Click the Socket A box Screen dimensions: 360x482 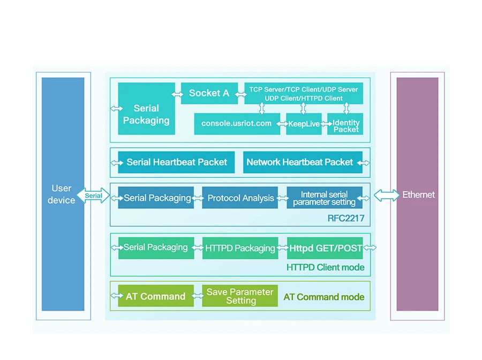(x=209, y=93)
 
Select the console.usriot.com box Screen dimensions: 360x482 (x=237, y=124)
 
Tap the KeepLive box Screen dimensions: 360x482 (x=304, y=124)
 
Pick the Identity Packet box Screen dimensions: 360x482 (x=345, y=124)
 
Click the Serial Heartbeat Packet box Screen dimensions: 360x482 (x=176, y=162)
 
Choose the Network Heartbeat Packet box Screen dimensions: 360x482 (x=300, y=162)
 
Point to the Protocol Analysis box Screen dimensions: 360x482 (x=240, y=198)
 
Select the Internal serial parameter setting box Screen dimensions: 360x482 (x=324, y=198)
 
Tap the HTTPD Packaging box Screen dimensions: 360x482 (x=240, y=248)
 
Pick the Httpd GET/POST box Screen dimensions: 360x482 (x=325, y=248)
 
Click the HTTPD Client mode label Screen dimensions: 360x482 (x=325, y=267)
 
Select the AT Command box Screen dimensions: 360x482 (x=155, y=296)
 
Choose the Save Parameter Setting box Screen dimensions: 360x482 (x=240, y=296)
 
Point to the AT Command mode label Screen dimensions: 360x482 (x=323, y=297)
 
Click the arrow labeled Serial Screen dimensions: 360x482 (x=94, y=196)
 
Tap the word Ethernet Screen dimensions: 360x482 (x=418, y=195)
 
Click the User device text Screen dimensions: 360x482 (x=62, y=194)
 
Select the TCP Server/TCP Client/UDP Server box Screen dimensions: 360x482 (x=303, y=94)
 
